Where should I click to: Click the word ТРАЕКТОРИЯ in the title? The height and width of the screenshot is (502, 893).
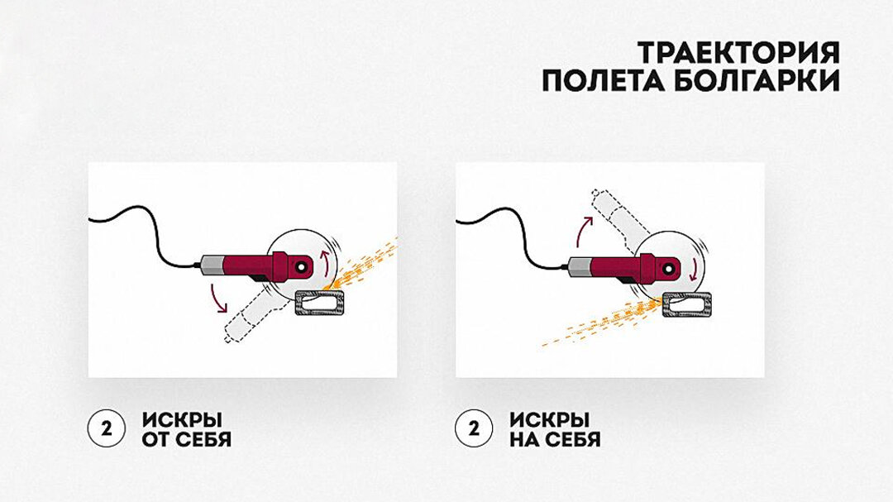pyautogui.click(x=738, y=52)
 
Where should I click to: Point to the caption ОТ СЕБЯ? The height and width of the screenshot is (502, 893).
pyautogui.click(x=186, y=439)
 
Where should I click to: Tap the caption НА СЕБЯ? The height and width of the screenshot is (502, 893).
pyautogui.click(x=555, y=439)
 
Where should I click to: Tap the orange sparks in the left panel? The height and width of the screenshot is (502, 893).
pyautogui.click(x=368, y=261)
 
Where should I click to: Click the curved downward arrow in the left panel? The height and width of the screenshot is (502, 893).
pyautogui.click(x=218, y=298)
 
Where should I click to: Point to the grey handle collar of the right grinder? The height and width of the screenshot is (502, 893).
pyautogui.click(x=580, y=265)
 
